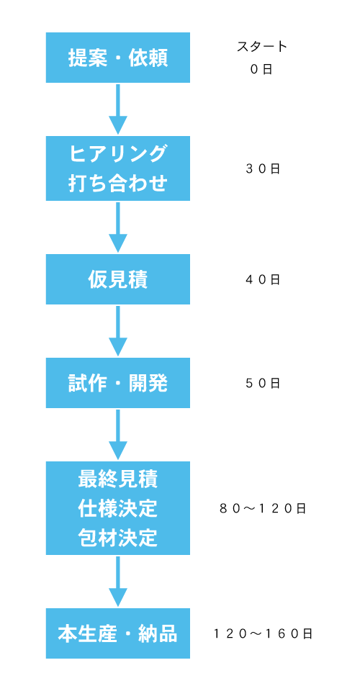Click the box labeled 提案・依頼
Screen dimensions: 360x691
117,58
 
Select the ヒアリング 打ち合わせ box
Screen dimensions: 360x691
117,168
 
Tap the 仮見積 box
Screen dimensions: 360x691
117,279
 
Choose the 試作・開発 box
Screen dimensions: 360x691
117,382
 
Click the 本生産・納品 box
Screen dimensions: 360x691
117,633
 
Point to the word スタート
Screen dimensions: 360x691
262,47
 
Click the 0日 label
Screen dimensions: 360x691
262,69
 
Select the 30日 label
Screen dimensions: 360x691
263,168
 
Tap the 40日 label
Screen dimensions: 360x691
263,279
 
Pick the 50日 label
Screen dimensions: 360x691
263,383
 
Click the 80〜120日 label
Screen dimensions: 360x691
263,509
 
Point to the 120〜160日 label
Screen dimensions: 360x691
263,633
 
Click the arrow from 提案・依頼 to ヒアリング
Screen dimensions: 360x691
117,109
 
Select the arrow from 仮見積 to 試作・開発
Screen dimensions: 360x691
117,331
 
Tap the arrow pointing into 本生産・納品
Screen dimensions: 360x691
117,582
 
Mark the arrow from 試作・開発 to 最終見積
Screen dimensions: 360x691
117,435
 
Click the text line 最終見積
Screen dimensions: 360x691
117,479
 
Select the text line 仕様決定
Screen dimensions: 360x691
117,509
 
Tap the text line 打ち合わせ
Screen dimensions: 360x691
117,183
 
